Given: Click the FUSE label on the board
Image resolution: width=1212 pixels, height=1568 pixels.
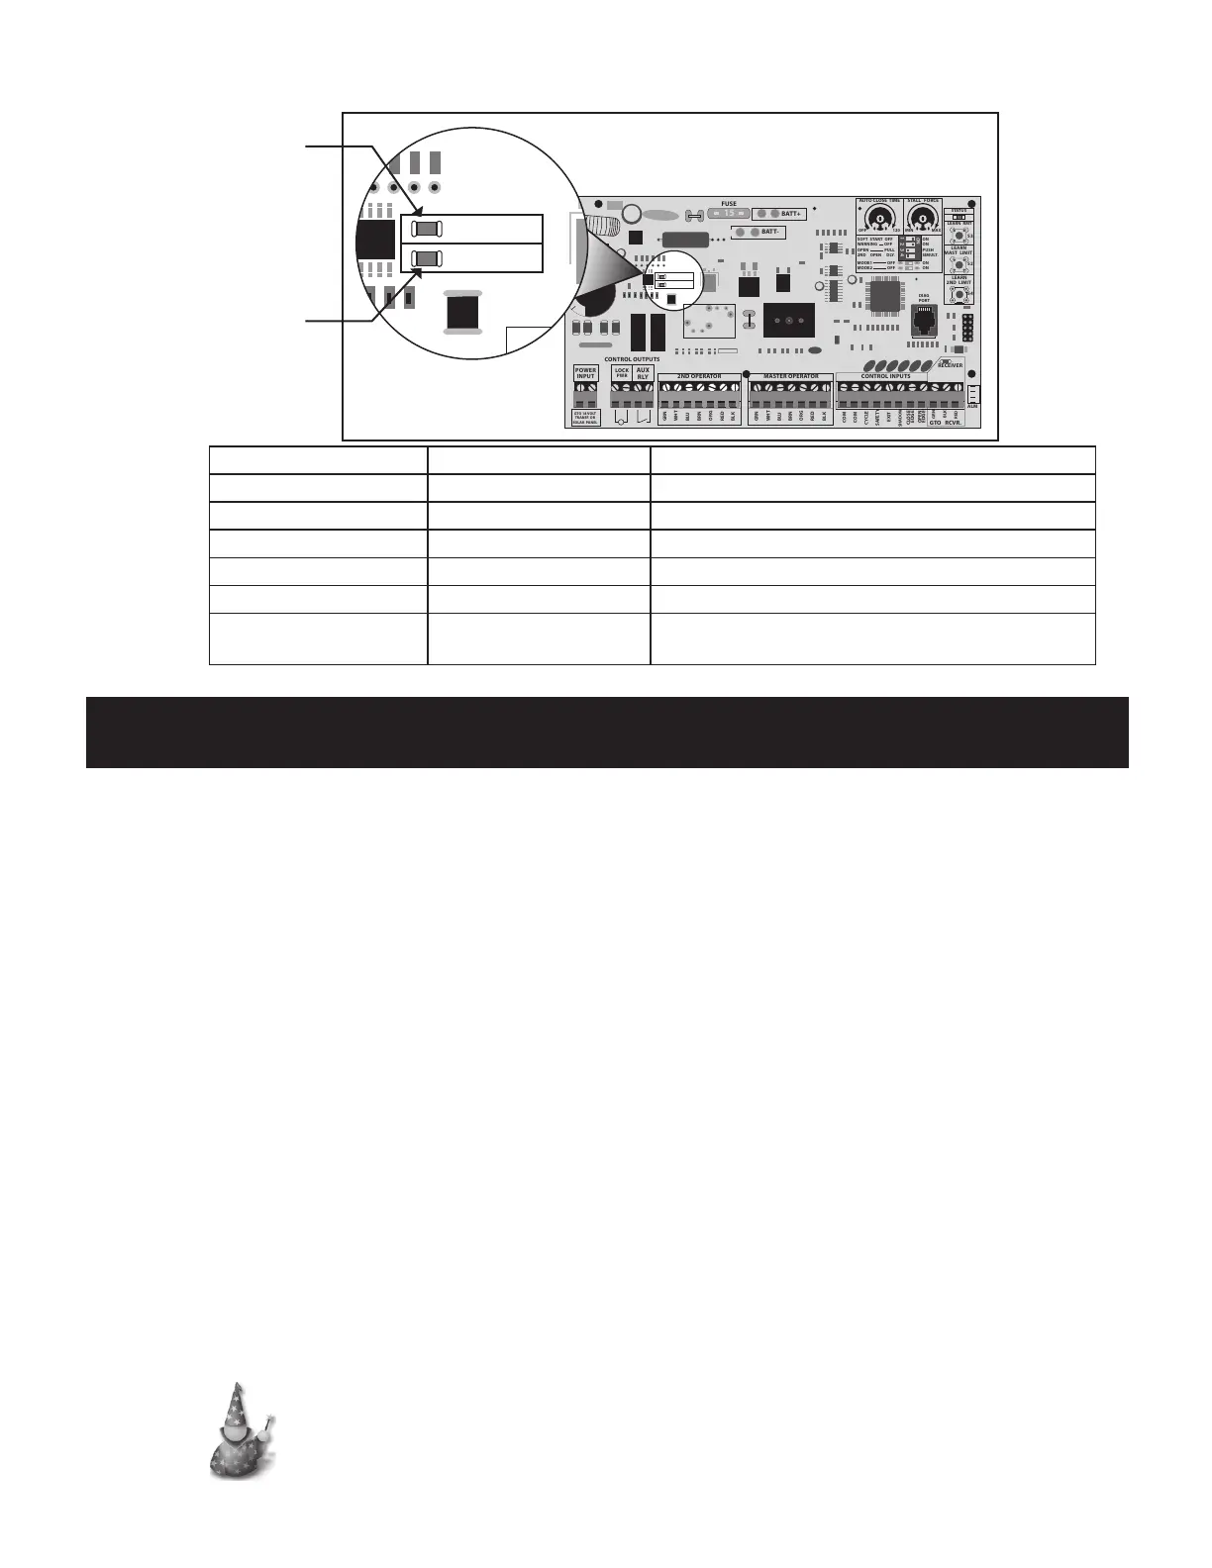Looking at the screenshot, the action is (x=729, y=204).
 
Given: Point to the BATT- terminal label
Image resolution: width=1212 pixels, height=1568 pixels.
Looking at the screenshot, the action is (x=770, y=232).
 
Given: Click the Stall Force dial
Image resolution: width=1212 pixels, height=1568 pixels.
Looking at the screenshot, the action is (x=924, y=220).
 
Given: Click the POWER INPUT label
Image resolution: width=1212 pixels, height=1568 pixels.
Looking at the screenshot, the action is (x=586, y=373).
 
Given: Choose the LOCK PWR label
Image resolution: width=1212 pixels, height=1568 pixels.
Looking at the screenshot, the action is (x=622, y=373).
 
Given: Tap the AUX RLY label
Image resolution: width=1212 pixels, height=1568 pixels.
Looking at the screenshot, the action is (x=643, y=373).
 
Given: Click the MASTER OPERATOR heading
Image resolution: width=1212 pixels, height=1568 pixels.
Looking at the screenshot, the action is (x=790, y=377).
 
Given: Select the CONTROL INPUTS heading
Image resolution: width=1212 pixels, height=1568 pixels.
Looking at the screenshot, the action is (x=885, y=377).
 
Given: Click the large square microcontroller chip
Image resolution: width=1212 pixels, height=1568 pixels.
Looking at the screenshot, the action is (x=884, y=294).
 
